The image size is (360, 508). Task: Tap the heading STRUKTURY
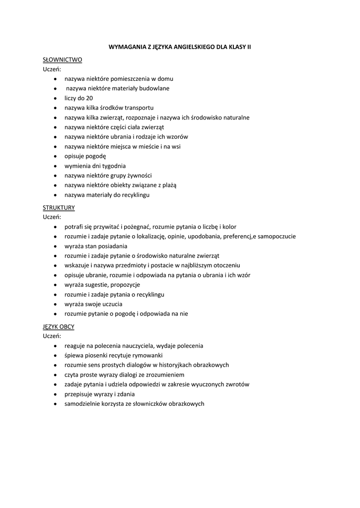pos(59,207)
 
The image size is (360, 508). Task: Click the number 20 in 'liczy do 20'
pos(89,98)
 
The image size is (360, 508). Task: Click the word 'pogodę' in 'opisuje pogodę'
pos(96,156)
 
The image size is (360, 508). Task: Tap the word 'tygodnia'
pos(115,166)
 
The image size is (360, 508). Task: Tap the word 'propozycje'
pos(125,285)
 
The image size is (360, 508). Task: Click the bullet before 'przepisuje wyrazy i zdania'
pos(54,394)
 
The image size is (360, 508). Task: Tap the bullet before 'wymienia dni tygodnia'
pos(54,166)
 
